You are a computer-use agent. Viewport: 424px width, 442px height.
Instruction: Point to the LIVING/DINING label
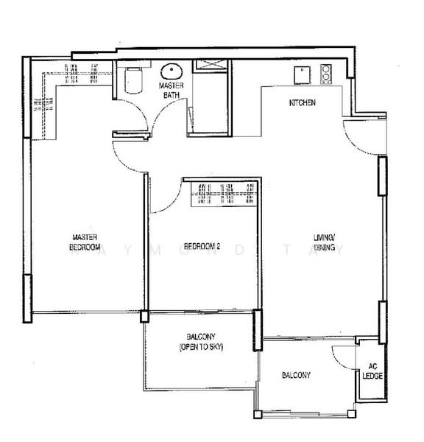point(324,243)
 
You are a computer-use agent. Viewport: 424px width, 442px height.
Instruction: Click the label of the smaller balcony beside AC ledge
point(296,375)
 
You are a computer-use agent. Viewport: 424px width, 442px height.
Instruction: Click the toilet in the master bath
point(133,80)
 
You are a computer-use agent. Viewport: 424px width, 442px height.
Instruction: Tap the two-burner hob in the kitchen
point(327,74)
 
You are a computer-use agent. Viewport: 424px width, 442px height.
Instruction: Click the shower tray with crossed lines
point(210,66)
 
